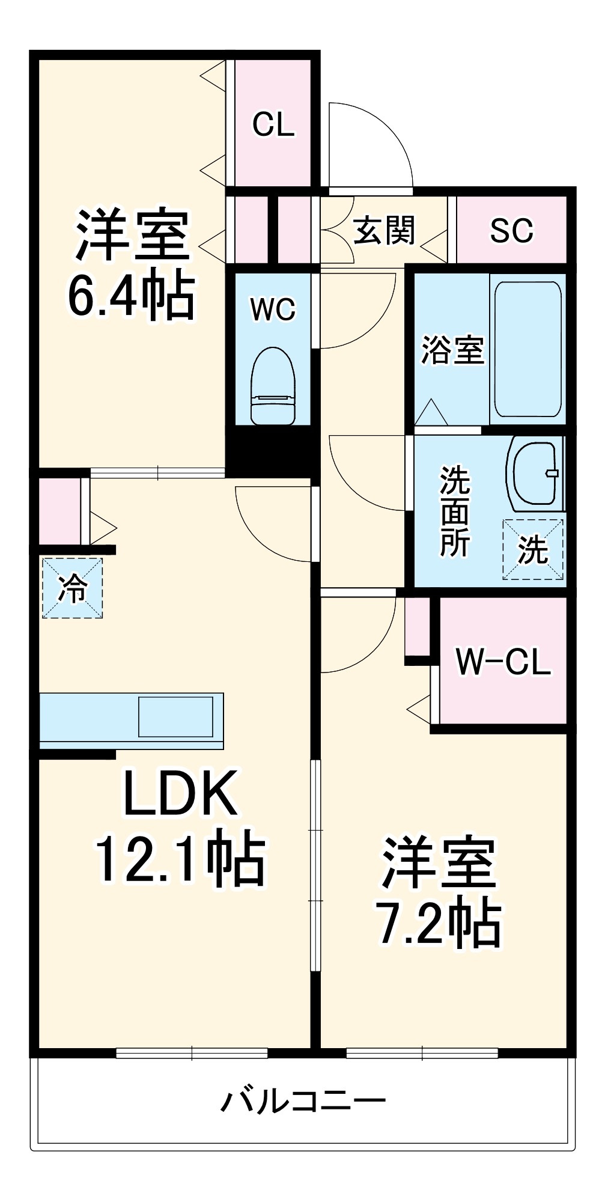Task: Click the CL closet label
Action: pos(273,125)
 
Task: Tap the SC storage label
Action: pos(511,230)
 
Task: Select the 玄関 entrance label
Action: pos(384,230)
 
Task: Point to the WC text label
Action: pos(273,310)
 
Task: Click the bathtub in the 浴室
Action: pos(528,349)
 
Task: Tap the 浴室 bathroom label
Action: pos(452,350)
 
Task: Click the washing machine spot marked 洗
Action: pos(533,549)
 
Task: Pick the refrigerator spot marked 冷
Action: pos(72,588)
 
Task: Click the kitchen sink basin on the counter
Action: pos(175,716)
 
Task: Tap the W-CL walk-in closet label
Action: pos(503,662)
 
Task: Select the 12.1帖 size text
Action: pos(180,858)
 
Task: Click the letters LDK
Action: pos(180,793)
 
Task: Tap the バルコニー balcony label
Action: pos(303,1101)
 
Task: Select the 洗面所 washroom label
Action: pos(455,511)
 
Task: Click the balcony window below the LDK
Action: pos(192,1052)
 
